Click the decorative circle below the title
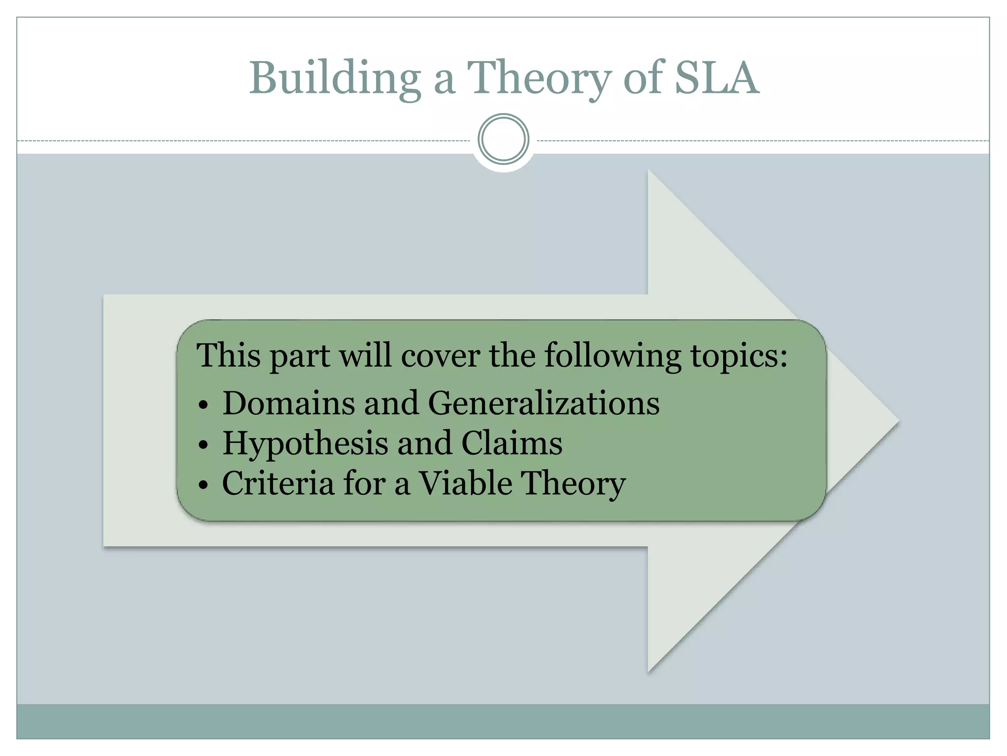point(503,139)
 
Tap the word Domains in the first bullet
point(289,403)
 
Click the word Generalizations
point(544,403)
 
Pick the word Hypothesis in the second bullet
point(305,443)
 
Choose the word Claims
point(512,443)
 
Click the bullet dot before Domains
point(204,406)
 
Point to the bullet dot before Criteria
point(204,486)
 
